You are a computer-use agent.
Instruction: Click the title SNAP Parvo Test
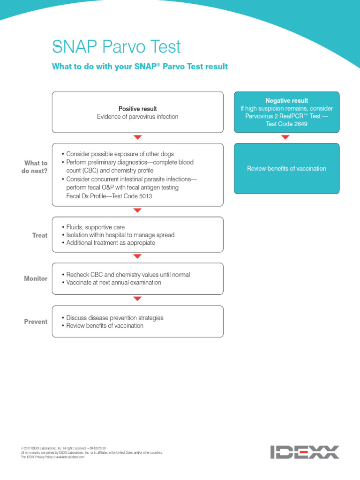116,47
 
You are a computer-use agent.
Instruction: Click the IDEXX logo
304,452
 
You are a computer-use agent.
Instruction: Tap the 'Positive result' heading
137,109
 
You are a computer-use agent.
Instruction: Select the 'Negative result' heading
286,101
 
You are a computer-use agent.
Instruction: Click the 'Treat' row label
40,235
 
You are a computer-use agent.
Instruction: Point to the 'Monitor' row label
36,278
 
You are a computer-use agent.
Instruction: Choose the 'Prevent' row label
36,322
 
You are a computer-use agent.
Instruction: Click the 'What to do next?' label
36,167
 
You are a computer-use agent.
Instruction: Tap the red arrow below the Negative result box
285,137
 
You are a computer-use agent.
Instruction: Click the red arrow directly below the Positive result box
137,137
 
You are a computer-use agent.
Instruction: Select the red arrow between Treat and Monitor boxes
137,256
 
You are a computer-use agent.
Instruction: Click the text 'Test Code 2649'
286,124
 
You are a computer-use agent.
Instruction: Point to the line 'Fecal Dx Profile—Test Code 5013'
109,196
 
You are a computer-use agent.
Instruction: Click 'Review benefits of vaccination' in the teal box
286,169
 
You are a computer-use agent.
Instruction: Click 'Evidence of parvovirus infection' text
137,117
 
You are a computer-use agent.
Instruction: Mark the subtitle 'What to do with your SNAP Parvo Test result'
140,67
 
